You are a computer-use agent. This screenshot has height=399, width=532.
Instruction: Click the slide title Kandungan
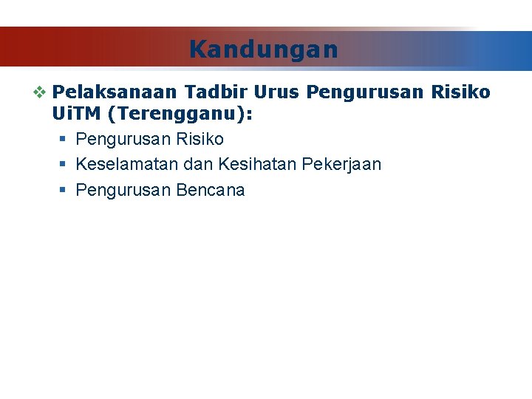[x=264, y=50]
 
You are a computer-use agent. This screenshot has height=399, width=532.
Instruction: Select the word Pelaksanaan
[x=115, y=92]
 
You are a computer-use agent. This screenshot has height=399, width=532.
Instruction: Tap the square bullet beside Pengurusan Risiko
[x=64, y=140]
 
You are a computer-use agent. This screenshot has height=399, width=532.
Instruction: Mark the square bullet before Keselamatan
[x=64, y=165]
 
